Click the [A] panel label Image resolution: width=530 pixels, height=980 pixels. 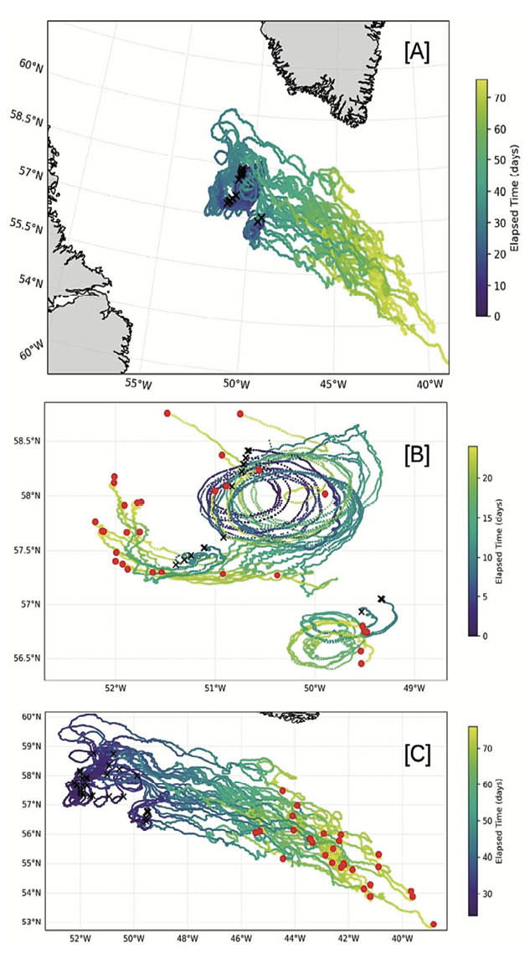pyautogui.click(x=416, y=53)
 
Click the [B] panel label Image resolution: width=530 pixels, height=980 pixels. pyautogui.click(x=417, y=456)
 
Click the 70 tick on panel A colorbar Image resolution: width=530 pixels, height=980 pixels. pyautogui.click(x=498, y=99)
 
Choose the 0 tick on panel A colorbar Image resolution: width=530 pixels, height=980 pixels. pyautogui.click(x=496, y=317)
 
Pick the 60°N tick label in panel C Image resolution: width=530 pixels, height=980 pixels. pyautogui.click(x=31, y=717)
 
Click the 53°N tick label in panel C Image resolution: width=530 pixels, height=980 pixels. pyautogui.click(x=31, y=922)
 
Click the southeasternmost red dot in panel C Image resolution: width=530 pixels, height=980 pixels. pyautogui.click(x=433, y=924)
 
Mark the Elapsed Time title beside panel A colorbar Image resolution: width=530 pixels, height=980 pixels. pyautogui.click(x=517, y=198)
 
